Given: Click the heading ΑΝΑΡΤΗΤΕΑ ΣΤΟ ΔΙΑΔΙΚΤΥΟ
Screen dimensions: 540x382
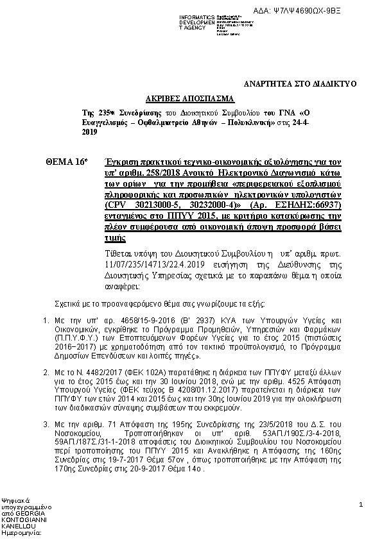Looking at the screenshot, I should (300, 84).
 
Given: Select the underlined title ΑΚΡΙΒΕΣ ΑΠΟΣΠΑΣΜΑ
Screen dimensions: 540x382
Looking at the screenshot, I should (191, 100).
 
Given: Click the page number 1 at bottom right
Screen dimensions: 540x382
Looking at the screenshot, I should (361, 506).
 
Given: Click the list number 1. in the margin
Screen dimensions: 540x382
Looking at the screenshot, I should (46, 319).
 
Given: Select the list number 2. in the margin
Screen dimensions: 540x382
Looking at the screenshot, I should (46, 372).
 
